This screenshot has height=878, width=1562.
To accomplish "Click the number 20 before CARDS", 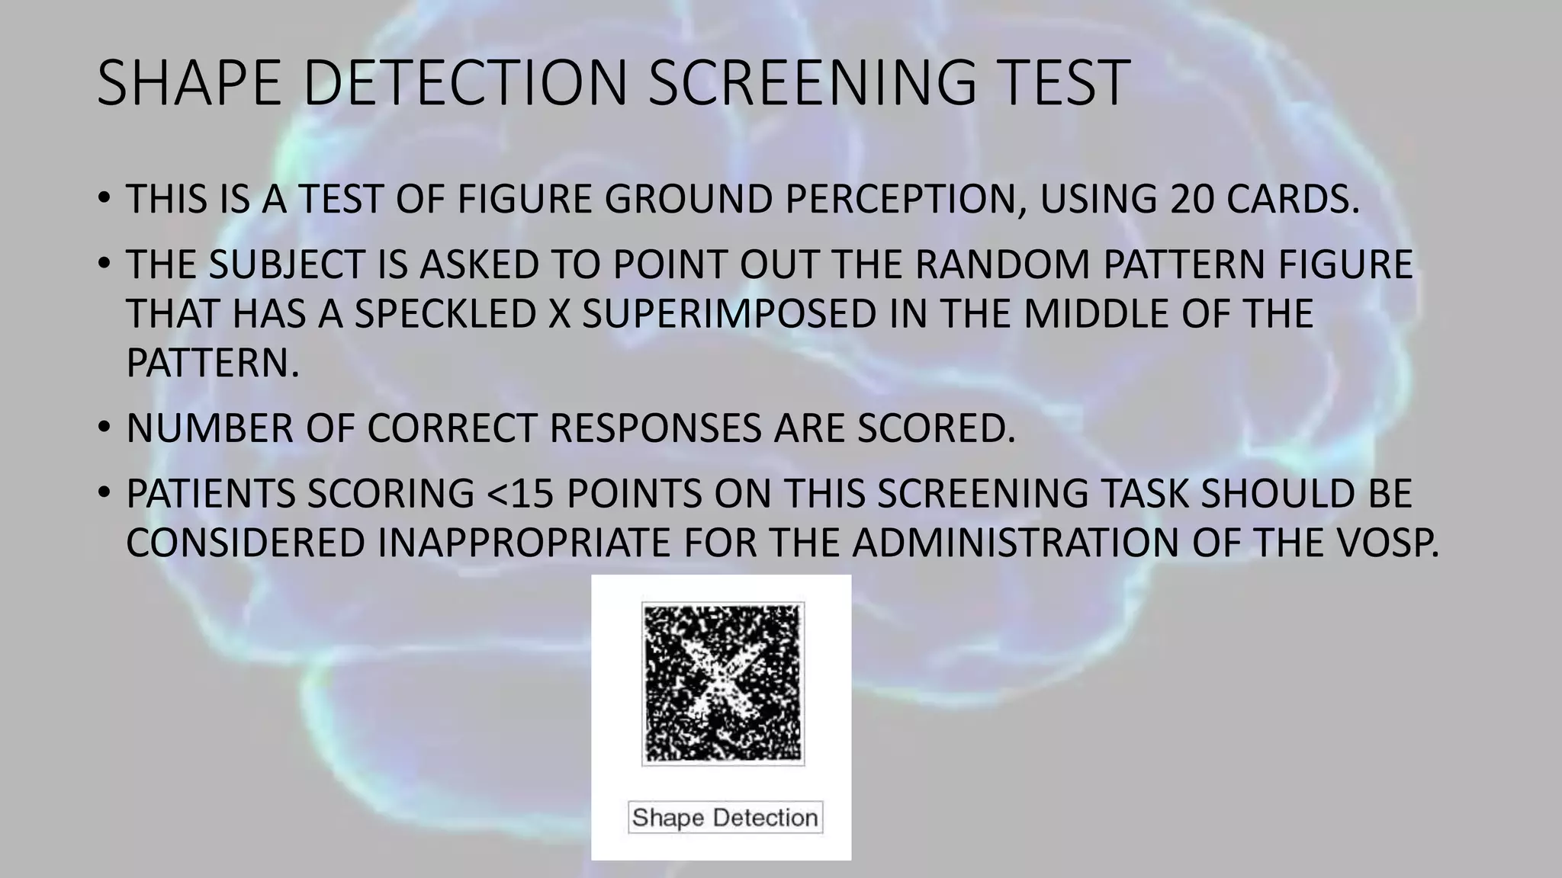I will click(1191, 199).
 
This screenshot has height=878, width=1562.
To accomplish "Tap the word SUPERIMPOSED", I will click(729, 314).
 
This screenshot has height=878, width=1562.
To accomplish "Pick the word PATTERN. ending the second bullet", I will click(213, 363).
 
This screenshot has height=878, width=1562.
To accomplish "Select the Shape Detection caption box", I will click(725, 817).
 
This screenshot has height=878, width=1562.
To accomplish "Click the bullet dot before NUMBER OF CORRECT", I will click(104, 428).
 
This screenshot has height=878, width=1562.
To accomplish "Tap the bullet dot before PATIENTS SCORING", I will click(104, 494).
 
